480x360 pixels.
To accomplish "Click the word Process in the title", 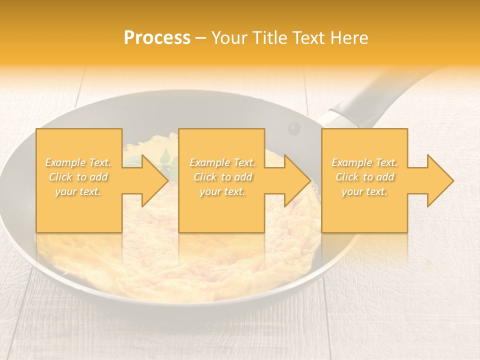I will coord(157,38).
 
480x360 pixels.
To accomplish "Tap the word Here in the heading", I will coord(349,38).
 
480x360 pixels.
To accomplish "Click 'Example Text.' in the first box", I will coord(78,162).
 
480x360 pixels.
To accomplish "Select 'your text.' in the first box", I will coord(78,191).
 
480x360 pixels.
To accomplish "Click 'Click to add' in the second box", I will coord(222,177).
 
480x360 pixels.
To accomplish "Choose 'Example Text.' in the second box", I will coord(222,162).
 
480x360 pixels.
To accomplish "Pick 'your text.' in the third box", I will coord(364,191).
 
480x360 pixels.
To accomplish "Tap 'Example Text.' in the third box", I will coord(364,162).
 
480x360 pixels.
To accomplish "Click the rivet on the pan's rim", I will coord(293,128).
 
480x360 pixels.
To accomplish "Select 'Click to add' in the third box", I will coord(364,177).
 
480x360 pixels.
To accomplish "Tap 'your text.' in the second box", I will coord(222,191).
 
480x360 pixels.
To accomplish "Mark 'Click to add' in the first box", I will coord(78,177).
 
